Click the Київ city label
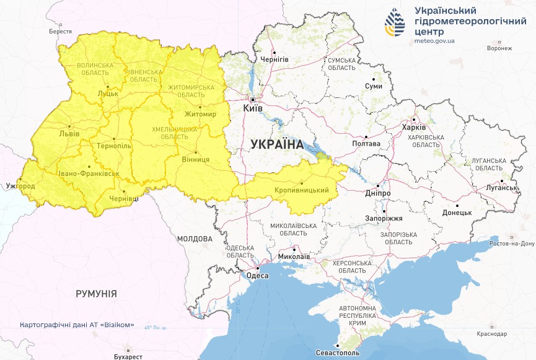point(253,108)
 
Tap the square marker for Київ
point(253,99)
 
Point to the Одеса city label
point(257,276)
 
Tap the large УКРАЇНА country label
point(277,144)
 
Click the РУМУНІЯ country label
point(96,294)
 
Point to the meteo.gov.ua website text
point(435,42)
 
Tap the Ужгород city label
point(20,186)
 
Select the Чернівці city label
point(125,199)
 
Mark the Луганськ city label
point(501,188)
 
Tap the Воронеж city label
point(499,48)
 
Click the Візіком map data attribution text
point(77,325)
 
